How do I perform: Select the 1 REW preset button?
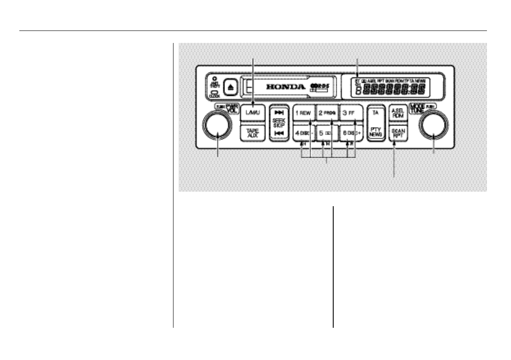click(x=304, y=113)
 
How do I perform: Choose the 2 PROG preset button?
click(x=327, y=113)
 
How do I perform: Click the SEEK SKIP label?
click(x=278, y=122)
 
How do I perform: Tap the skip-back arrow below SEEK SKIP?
click(x=278, y=134)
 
